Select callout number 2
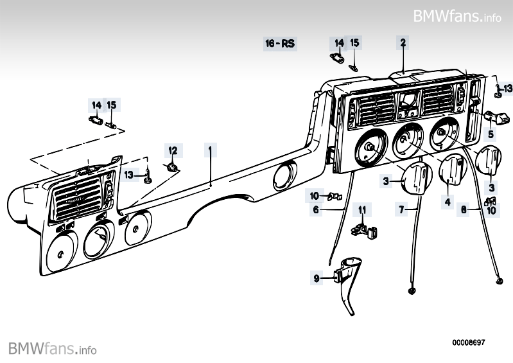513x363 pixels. point(403,43)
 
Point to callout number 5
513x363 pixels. point(491,135)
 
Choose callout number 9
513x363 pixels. point(316,278)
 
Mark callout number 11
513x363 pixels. point(362,209)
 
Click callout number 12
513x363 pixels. point(172,151)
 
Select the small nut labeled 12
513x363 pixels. point(172,168)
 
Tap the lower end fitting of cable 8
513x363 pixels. point(500,281)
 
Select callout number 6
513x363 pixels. point(316,209)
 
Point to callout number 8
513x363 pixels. point(464,209)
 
